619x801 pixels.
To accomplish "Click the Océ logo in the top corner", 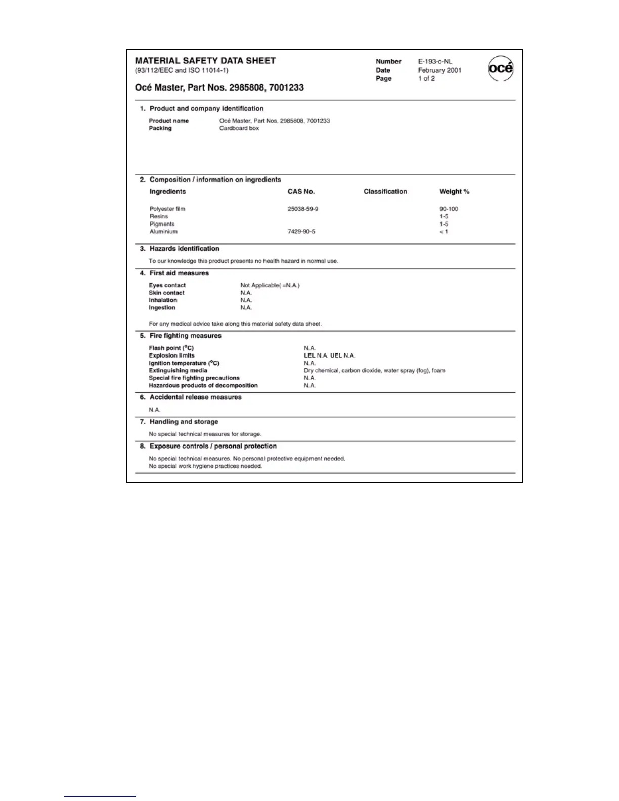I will (500, 69).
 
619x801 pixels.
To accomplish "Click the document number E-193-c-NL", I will (435, 61).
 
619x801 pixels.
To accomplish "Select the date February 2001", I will (439, 70).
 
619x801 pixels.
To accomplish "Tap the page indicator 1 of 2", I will (426, 78).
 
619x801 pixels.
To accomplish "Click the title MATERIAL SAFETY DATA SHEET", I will (205, 61).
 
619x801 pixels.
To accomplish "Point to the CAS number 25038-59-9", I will (303, 209).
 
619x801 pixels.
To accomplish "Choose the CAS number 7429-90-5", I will (301, 232).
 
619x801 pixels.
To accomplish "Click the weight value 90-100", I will (449, 209).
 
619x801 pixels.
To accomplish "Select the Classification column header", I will (385, 191).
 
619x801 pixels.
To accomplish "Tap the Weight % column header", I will (454, 191).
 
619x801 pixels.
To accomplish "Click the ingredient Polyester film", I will (167, 209).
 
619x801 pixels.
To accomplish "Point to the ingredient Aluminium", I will (163, 232).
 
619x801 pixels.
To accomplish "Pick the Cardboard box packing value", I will (239, 128).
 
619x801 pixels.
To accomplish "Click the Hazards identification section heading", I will (184, 249).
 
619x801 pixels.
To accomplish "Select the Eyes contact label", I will (167, 285).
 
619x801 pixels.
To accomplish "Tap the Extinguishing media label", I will (178, 371).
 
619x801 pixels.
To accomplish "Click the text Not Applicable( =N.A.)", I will (270, 285).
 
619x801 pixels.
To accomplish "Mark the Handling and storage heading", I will (184, 422).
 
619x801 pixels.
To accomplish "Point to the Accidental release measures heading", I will (195, 397).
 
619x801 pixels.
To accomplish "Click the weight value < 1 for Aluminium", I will (444, 232).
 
